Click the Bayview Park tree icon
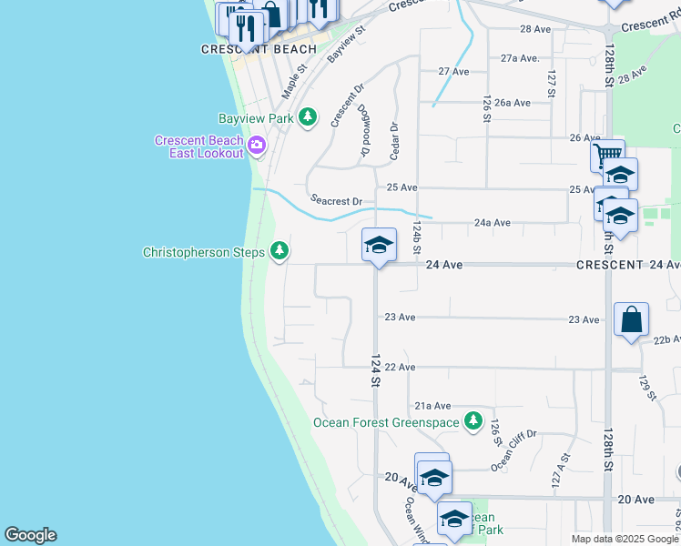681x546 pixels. click(x=309, y=117)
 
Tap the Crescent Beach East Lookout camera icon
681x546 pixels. click(x=257, y=145)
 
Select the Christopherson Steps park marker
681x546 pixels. click(x=279, y=250)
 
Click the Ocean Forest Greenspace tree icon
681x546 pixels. click(x=472, y=420)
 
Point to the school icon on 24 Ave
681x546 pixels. click(x=379, y=244)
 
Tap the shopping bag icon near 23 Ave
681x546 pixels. click(x=631, y=319)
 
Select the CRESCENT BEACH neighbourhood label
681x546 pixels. click(x=259, y=49)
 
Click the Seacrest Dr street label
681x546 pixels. click(x=336, y=200)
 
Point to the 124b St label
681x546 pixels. click(x=417, y=236)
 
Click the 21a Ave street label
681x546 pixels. click(x=432, y=406)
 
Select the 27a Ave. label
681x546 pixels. click(x=520, y=57)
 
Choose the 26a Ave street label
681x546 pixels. click(x=513, y=103)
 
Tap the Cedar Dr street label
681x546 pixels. click(x=394, y=142)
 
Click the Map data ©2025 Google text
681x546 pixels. click(x=624, y=539)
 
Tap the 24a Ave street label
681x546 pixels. click(x=491, y=222)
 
